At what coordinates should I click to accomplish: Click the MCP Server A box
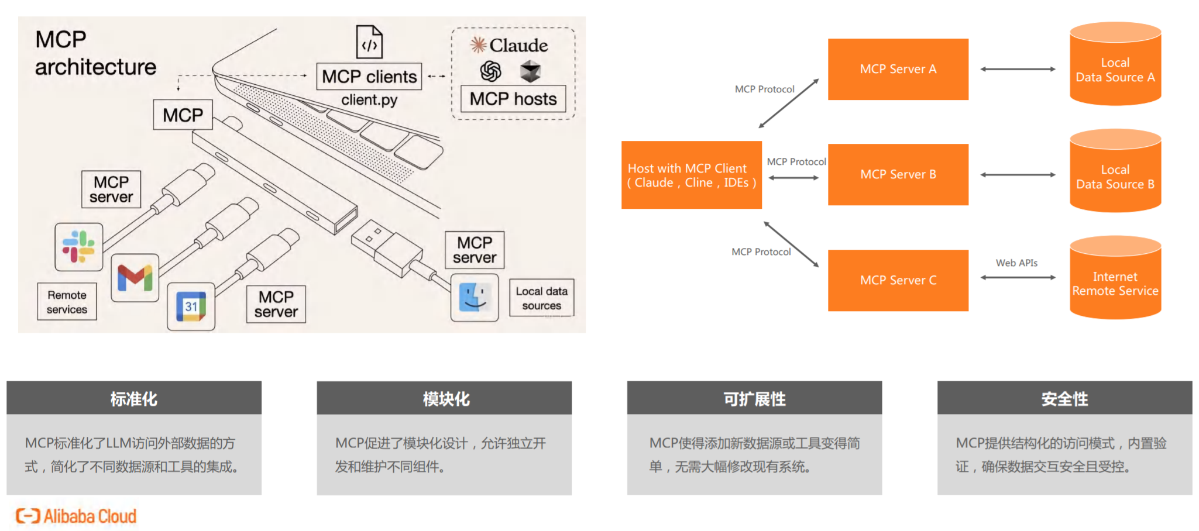(x=898, y=69)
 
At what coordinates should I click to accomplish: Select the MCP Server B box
(x=898, y=174)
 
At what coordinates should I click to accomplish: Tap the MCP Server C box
(x=898, y=280)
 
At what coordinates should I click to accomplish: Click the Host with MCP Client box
(x=691, y=175)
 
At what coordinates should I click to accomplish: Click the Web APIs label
(x=1016, y=263)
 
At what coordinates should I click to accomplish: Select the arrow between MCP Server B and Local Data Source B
(x=1018, y=175)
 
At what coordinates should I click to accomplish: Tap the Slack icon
(x=79, y=247)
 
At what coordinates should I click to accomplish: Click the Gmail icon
(x=135, y=277)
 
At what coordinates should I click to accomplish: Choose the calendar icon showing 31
(x=191, y=306)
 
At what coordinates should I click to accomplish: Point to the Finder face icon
(x=475, y=297)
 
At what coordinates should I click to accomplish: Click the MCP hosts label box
(x=513, y=99)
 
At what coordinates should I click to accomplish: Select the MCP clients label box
(x=369, y=77)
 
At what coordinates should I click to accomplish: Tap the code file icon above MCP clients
(x=369, y=42)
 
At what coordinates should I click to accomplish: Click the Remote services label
(x=67, y=302)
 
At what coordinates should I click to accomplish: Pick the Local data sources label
(x=541, y=298)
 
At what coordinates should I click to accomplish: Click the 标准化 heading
(x=134, y=399)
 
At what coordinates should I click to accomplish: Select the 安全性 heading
(x=1064, y=399)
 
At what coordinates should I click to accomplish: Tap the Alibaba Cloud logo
(x=76, y=516)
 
